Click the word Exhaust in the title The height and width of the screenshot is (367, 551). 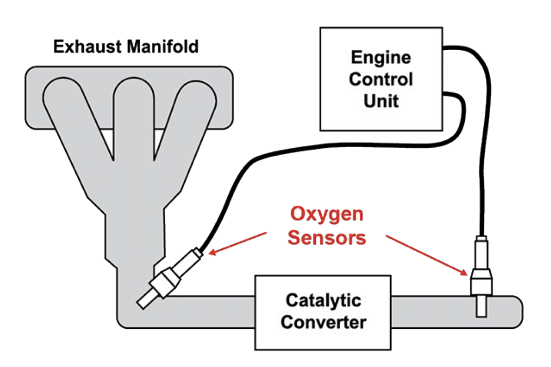pyautogui.click(x=86, y=47)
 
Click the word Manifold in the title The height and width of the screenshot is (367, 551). pyautogui.click(x=163, y=47)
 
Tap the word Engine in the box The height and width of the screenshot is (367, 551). pyautogui.click(x=380, y=57)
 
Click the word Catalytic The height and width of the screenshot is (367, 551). pyautogui.click(x=323, y=300)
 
